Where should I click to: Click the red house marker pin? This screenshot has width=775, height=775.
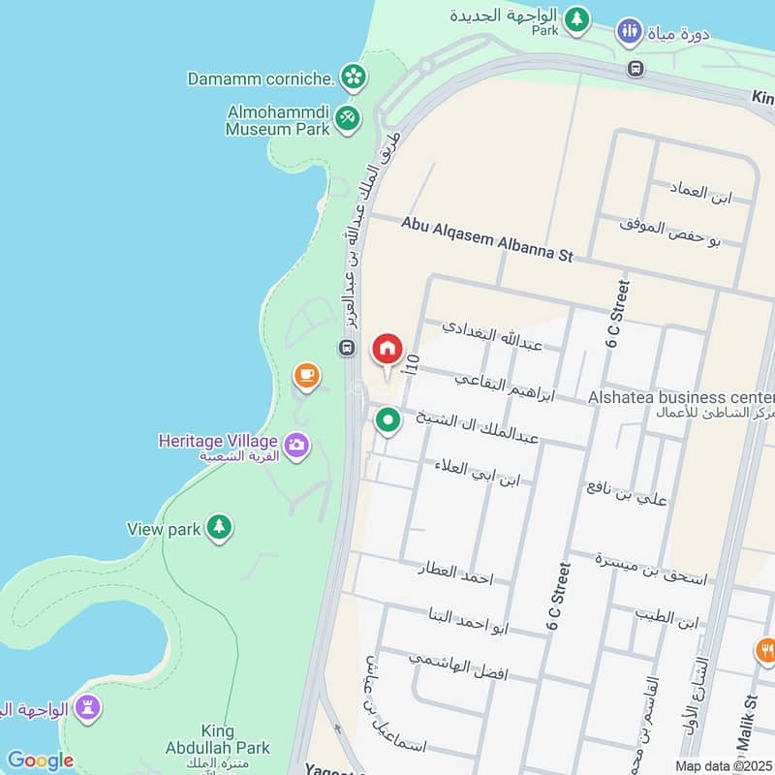pos(387,349)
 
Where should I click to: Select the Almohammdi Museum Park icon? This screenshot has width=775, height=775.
pos(347,118)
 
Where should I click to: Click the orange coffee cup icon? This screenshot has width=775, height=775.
pos(306,375)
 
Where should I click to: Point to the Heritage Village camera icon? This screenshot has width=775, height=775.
pos(297,445)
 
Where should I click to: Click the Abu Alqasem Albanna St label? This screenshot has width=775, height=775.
pos(487,238)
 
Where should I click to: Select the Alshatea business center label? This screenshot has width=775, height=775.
pos(681,397)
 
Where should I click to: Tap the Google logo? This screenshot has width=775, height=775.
pos(40,760)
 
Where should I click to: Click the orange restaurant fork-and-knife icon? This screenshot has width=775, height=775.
pos(766,651)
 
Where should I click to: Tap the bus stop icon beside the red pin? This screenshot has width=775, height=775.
pos(346,347)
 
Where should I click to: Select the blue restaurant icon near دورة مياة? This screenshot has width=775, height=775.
pos(630,32)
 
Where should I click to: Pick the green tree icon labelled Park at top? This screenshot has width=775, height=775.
pos(577,18)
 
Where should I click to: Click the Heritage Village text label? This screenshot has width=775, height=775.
pos(219,442)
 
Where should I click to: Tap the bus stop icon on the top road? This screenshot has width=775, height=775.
pos(635,68)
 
